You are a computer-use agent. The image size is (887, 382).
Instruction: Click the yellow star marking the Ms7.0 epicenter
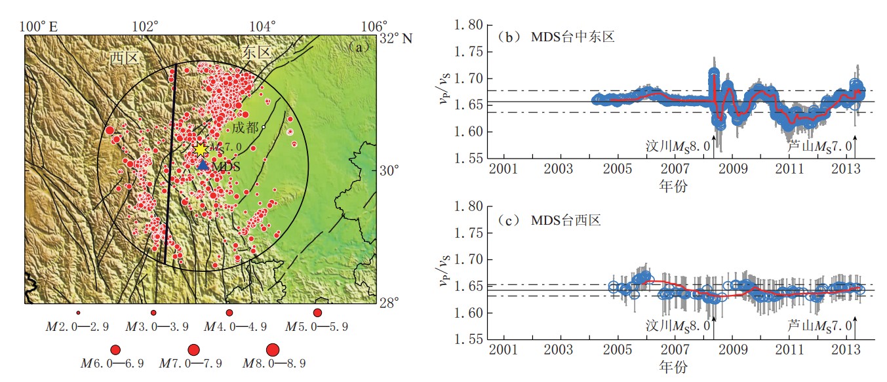(201, 149)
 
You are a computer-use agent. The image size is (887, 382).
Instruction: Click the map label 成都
(245, 127)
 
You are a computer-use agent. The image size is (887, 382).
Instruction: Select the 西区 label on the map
(125, 59)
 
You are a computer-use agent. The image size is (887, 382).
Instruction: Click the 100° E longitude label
(39, 27)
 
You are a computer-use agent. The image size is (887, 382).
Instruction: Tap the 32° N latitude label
(396, 38)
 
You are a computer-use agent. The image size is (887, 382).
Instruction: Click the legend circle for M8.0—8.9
(273, 349)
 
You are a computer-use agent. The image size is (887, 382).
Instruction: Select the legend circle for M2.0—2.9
(78, 313)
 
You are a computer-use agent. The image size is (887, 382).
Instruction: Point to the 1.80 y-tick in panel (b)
(469, 26)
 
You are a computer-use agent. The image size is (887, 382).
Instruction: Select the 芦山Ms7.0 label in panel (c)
(819, 326)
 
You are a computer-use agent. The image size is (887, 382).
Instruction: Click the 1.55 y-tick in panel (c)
(469, 340)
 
